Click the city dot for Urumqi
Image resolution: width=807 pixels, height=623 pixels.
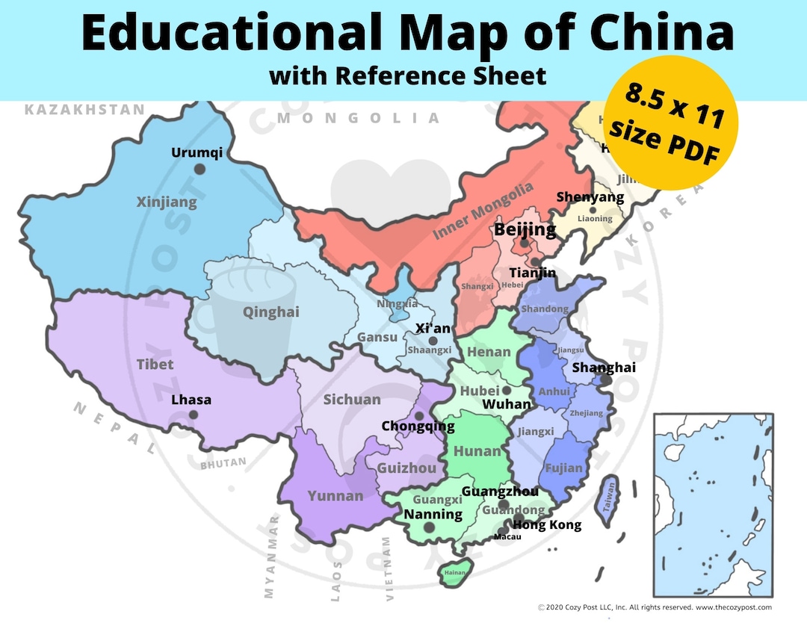(200, 169)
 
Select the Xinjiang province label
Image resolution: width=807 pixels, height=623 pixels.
(167, 202)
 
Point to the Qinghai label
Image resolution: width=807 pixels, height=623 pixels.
(270, 312)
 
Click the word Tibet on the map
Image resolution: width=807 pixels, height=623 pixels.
(155, 365)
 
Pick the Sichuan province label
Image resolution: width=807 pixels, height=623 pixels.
(352, 400)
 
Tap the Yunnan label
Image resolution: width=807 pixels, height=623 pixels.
(336, 496)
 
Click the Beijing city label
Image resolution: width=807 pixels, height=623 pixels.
(525, 229)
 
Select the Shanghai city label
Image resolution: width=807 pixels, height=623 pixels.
(603, 368)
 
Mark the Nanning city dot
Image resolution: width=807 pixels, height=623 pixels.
(429, 527)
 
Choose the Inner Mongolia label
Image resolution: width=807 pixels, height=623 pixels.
(483, 211)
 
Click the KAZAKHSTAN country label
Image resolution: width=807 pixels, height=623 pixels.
(84, 110)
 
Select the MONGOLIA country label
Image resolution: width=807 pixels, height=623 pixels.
(359, 118)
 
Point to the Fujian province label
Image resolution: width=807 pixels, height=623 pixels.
(564, 468)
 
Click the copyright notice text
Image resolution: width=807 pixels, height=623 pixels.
(655, 608)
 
